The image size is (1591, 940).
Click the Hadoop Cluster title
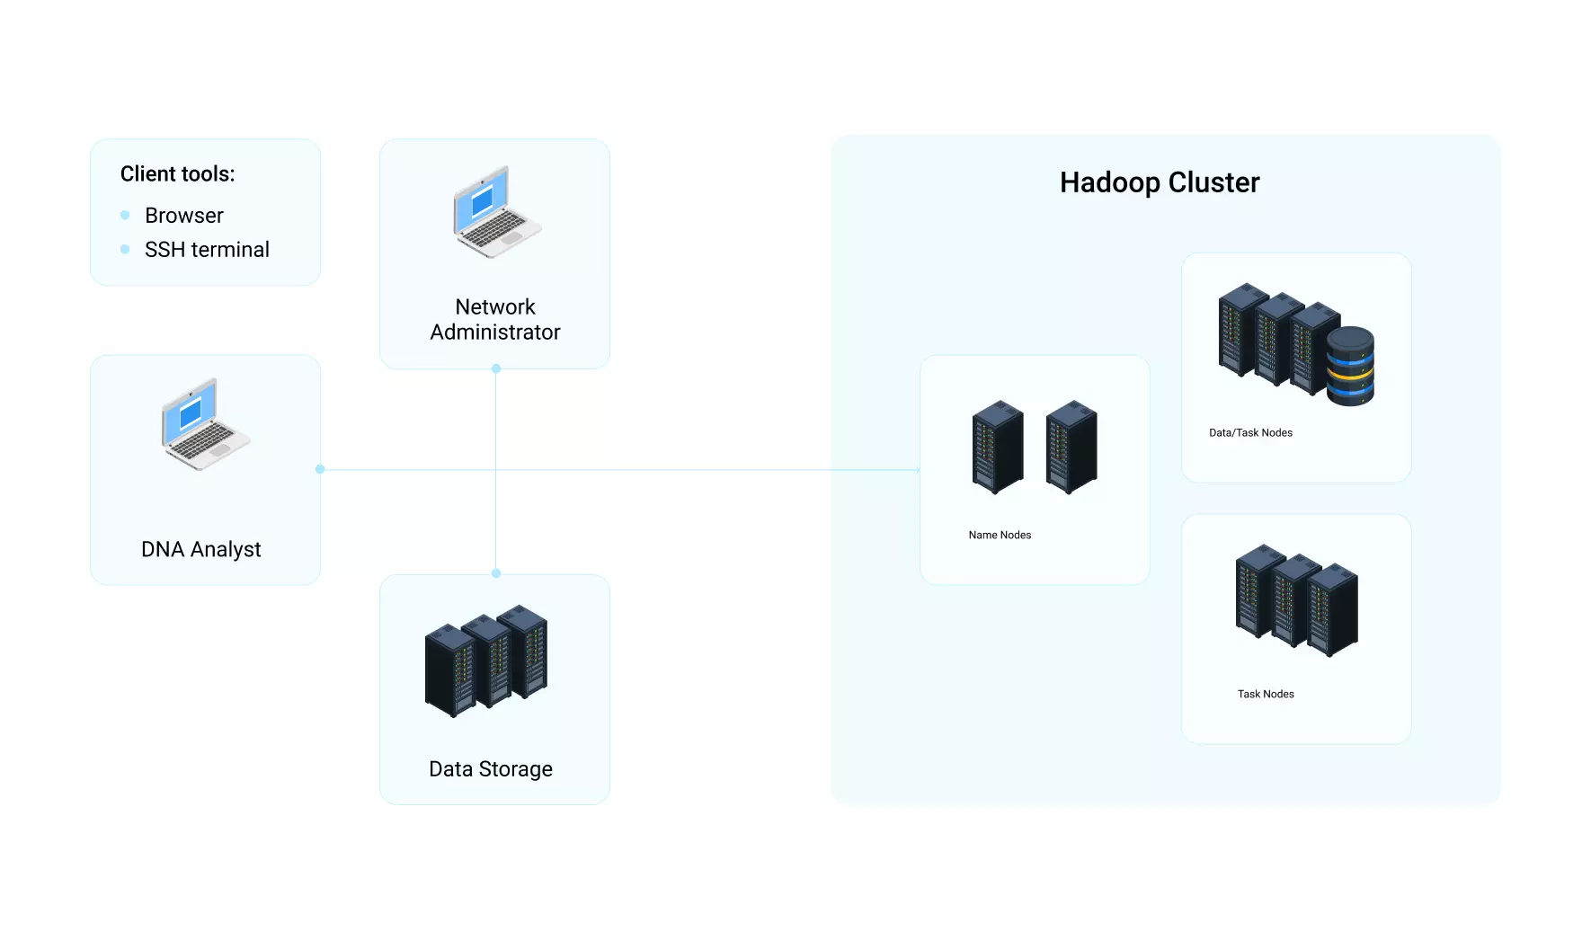(x=1160, y=182)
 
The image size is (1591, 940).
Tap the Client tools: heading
(x=177, y=173)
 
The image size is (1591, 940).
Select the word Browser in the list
(x=184, y=216)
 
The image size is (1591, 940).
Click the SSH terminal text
(x=207, y=250)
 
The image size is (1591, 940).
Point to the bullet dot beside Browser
(x=125, y=215)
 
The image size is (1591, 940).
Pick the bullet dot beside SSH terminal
(x=125, y=249)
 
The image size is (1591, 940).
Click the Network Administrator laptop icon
(x=497, y=212)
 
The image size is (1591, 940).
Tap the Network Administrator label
(x=495, y=320)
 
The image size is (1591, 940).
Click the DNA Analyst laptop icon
(x=206, y=424)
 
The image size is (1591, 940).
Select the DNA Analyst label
(x=201, y=550)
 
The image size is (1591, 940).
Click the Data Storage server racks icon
(x=486, y=661)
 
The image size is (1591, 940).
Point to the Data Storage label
(x=491, y=769)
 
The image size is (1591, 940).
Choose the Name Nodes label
(x=1000, y=535)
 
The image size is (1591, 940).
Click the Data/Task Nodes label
(x=1250, y=433)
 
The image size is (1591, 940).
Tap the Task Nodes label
(x=1266, y=694)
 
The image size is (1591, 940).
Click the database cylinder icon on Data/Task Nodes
(x=1350, y=366)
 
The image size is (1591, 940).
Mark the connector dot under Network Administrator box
(x=496, y=368)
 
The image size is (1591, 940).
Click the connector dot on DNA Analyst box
(x=320, y=469)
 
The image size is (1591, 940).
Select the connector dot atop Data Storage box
(x=496, y=573)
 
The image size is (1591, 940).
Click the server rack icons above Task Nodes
(x=1297, y=600)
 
